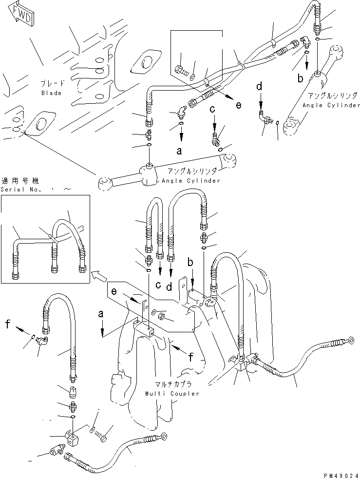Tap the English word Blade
(51, 93)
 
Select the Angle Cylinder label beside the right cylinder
(331, 105)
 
